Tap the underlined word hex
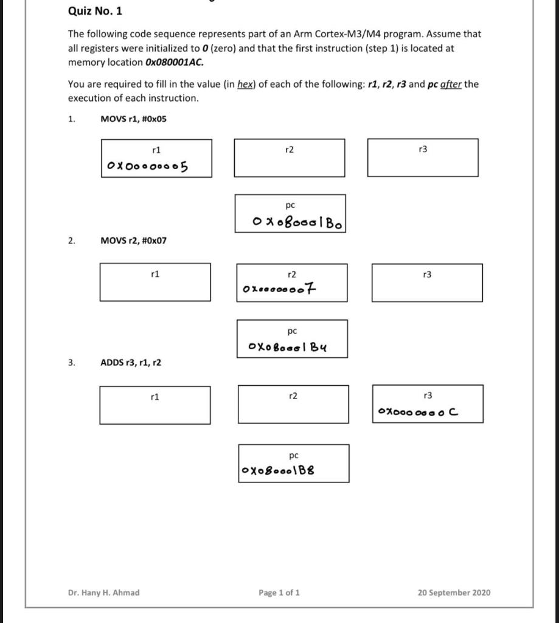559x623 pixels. [x=245, y=84]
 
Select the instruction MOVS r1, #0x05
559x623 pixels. [x=133, y=119]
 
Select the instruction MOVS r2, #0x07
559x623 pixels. [x=133, y=240]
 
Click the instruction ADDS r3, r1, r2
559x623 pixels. [x=130, y=363]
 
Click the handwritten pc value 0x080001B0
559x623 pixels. [x=297, y=223]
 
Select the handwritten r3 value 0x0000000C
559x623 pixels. [x=418, y=412]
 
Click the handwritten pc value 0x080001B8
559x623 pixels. [x=278, y=470]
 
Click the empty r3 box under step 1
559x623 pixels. [x=423, y=158]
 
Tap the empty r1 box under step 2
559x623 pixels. [x=155, y=282]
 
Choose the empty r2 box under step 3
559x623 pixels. [x=293, y=405]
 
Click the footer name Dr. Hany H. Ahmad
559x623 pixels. [x=103, y=593]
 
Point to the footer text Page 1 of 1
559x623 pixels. [x=279, y=593]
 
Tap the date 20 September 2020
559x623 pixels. [x=454, y=593]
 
